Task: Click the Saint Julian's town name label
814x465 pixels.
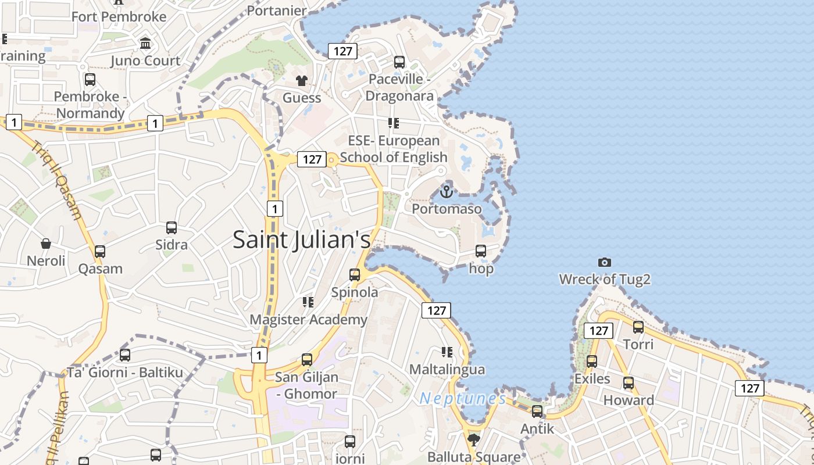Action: pyautogui.click(x=301, y=239)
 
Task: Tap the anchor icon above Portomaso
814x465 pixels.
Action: pyautogui.click(x=446, y=191)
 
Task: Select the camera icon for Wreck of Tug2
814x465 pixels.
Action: pyautogui.click(x=605, y=263)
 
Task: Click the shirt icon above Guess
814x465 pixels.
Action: pyautogui.click(x=301, y=81)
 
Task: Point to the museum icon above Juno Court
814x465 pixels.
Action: pyautogui.click(x=145, y=44)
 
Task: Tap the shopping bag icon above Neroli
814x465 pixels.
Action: pyautogui.click(x=46, y=244)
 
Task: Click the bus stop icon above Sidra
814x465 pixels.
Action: pyautogui.click(x=171, y=227)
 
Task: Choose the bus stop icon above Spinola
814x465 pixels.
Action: pyautogui.click(x=355, y=275)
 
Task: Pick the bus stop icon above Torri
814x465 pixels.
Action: pyautogui.click(x=638, y=327)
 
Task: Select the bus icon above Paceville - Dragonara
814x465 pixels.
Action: pyautogui.click(x=399, y=62)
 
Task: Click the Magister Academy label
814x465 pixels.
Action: pyautogui.click(x=308, y=320)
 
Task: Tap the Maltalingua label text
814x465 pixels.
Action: pyautogui.click(x=447, y=370)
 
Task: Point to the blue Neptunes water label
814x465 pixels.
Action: pyautogui.click(x=463, y=399)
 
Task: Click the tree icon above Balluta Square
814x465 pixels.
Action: pyautogui.click(x=474, y=439)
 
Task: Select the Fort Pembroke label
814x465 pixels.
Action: pyautogui.click(x=119, y=17)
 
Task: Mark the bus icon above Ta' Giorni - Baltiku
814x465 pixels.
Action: pyautogui.click(x=124, y=355)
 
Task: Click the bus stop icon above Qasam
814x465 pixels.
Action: pyautogui.click(x=100, y=252)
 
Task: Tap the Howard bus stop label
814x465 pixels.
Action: pyautogui.click(x=629, y=400)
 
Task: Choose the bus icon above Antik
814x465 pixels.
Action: pyautogui.click(x=537, y=412)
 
